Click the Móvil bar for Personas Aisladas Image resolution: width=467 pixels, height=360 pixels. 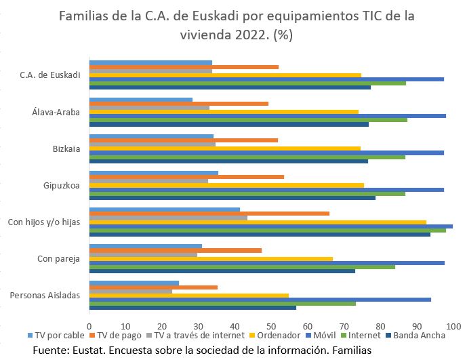coord(260,299)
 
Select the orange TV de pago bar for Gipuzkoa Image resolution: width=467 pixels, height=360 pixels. coord(186,176)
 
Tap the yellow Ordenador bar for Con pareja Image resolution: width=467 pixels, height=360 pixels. coord(211,258)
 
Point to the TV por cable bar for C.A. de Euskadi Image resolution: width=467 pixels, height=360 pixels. coord(150,62)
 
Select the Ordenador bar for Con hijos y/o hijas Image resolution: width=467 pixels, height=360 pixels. coord(258,222)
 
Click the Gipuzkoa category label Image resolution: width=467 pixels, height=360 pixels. coord(62,184)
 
